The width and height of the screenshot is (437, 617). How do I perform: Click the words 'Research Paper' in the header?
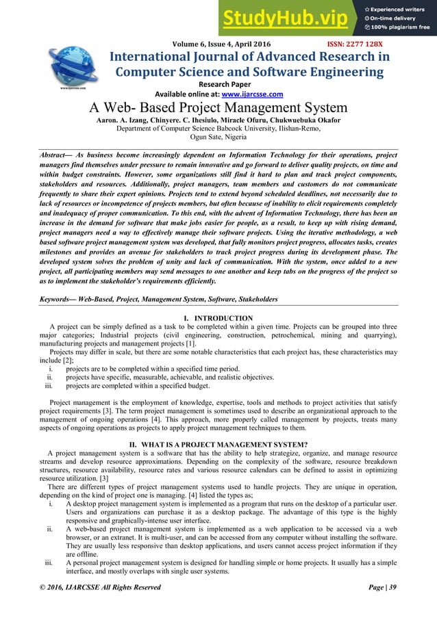point(218,83)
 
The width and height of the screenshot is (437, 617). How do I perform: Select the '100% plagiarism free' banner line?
point(402,27)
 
